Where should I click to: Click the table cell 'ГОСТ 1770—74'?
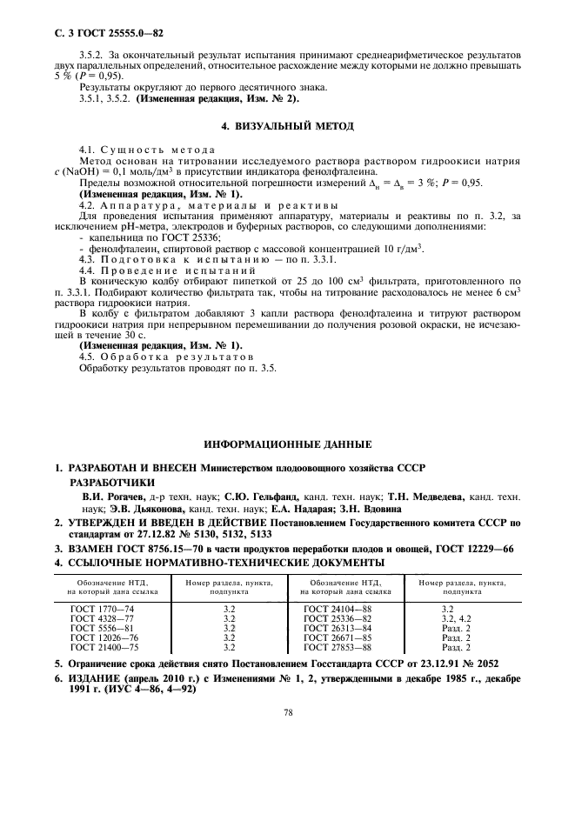(x=101, y=609)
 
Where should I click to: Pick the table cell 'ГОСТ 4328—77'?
(x=101, y=617)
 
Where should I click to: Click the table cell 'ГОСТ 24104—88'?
(x=333, y=609)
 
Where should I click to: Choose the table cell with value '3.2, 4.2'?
(x=455, y=617)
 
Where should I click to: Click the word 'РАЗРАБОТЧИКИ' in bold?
(x=112, y=482)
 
